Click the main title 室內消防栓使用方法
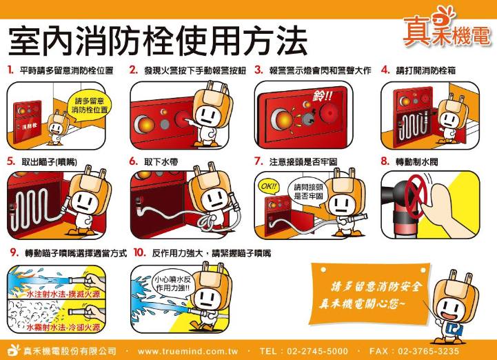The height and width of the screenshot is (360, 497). coord(158,40)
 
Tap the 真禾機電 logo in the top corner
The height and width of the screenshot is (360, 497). coord(447,28)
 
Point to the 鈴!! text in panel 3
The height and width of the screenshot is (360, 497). coord(323,95)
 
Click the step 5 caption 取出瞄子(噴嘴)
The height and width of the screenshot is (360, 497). coord(49,162)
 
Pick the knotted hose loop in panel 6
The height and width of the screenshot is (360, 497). coord(207,222)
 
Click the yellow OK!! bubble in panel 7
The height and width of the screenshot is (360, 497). coord(269,186)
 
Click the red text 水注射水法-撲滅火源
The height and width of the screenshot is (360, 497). coord(63,294)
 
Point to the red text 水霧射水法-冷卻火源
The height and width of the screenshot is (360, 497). coord(63,327)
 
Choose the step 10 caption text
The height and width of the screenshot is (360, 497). coord(212,253)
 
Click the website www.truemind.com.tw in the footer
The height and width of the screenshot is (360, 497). coord(187,351)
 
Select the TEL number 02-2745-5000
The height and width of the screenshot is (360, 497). coord(317,351)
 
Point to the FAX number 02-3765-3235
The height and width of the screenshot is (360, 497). coord(428,351)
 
